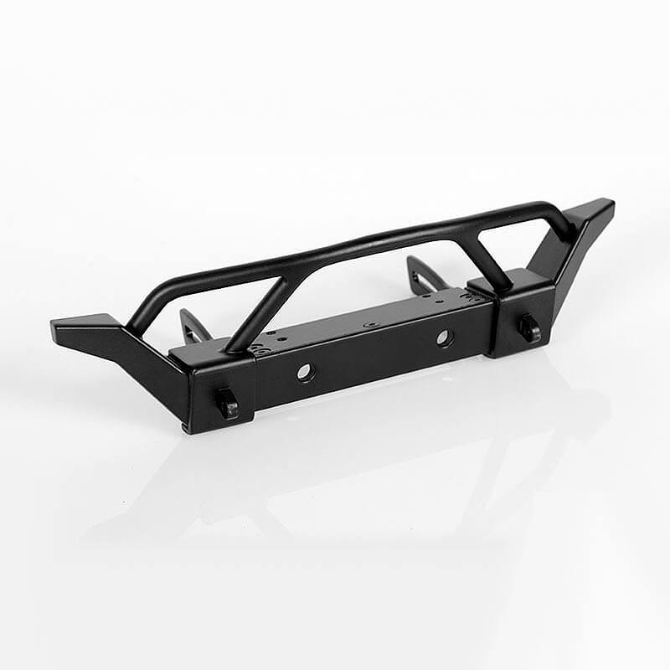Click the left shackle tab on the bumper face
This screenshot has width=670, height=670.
click(x=228, y=404)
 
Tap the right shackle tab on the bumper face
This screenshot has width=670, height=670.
click(x=529, y=327)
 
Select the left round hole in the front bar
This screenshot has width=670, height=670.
click(x=306, y=373)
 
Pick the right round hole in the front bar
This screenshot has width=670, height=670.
click(x=444, y=338)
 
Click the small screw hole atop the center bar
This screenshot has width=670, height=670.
click(x=366, y=324)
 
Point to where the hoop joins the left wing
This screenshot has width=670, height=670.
click(x=134, y=322)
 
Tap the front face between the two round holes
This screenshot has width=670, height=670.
click(x=374, y=355)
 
